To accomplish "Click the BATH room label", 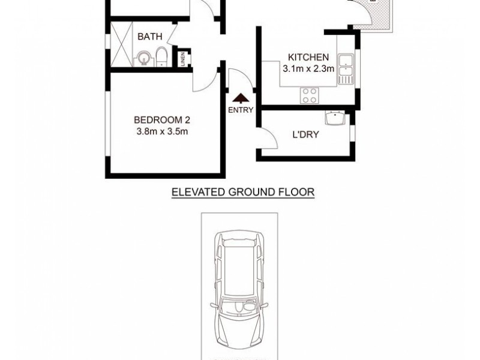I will coord(149,37).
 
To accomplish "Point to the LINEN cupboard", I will coord(184,59).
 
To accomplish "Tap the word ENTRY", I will coord(241,110).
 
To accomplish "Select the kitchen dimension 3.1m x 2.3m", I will coord(308,69).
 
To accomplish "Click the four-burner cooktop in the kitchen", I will coord(310,94).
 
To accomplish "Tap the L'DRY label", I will coord(305,134).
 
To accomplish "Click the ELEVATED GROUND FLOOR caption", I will coord(243,192).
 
